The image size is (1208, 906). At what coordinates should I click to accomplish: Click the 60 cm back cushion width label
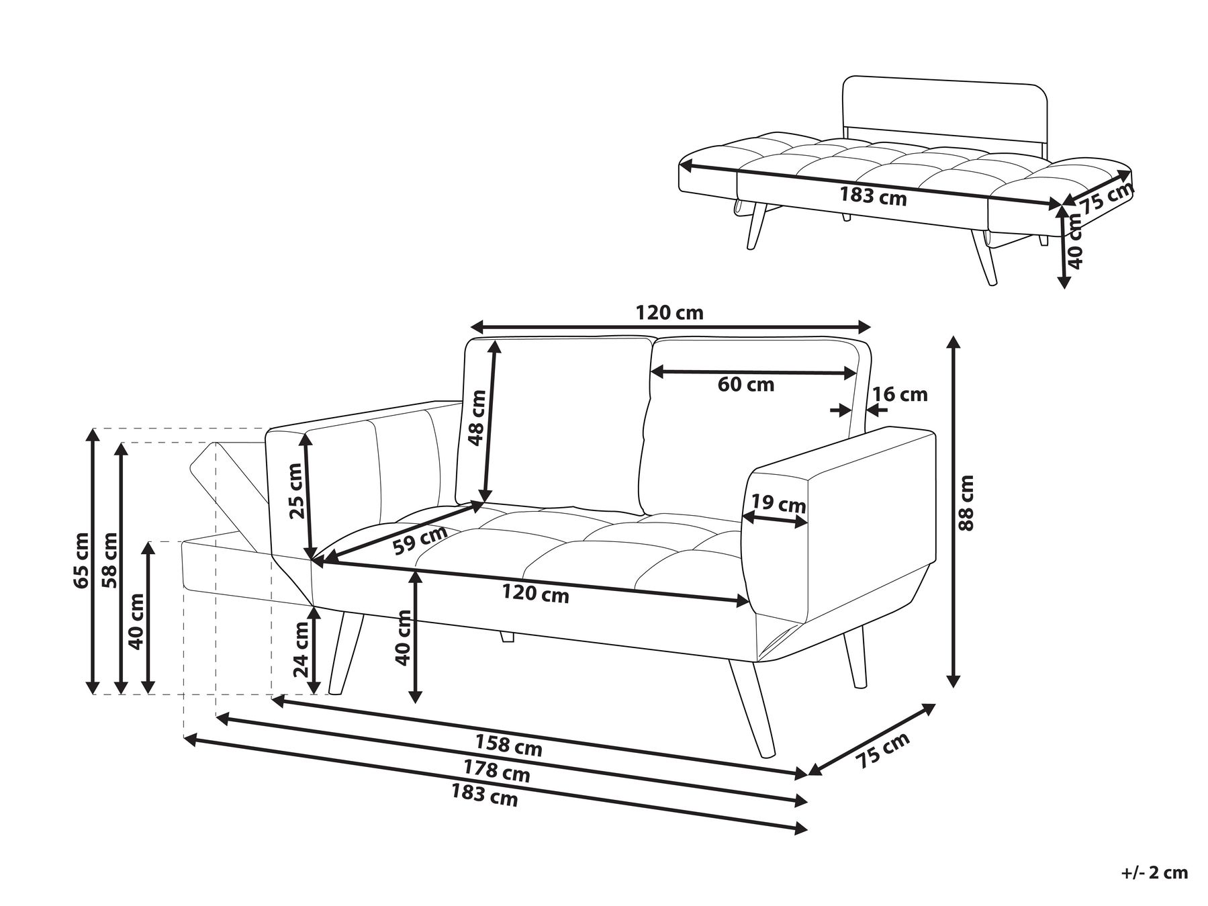coord(745,385)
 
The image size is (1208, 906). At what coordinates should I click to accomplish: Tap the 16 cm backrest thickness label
coord(900,394)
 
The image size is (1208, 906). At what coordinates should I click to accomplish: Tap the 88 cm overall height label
coord(965,503)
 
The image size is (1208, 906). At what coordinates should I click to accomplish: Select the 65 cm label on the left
coord(81,560)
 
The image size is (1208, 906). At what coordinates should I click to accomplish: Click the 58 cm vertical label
coord(109,560)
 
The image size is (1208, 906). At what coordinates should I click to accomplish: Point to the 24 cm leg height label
coord(301,649)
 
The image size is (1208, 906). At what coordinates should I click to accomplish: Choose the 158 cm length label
coord(508,744)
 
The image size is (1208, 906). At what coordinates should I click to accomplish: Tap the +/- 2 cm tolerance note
coord(1154,873)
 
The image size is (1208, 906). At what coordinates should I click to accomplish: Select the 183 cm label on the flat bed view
coord(873,197)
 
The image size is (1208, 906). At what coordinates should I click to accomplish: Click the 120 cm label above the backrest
coord(669,312)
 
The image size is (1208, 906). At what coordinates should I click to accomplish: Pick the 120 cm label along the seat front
coord(535,594)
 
